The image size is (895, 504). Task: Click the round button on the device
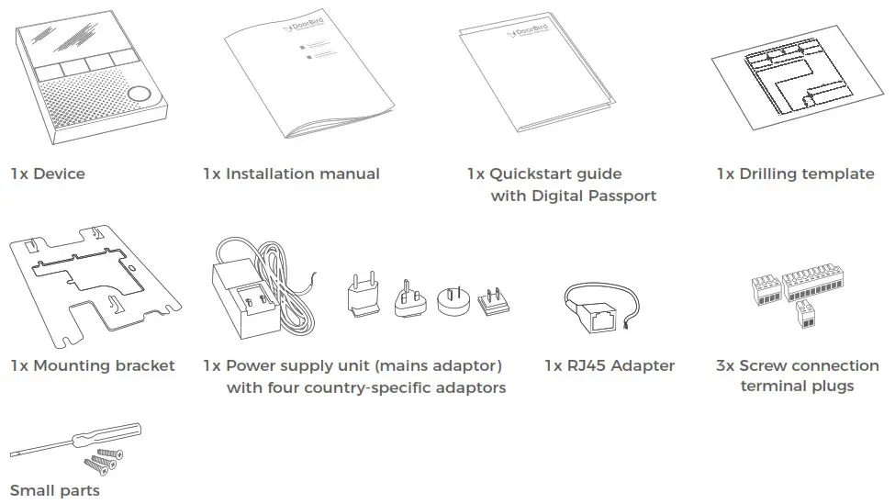pyautogui.click(x=139, y=94)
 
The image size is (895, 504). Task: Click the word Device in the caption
pyautogui.click(x=59, y=174)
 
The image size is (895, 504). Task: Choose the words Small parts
pyautogui.click(x=55, y=490)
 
